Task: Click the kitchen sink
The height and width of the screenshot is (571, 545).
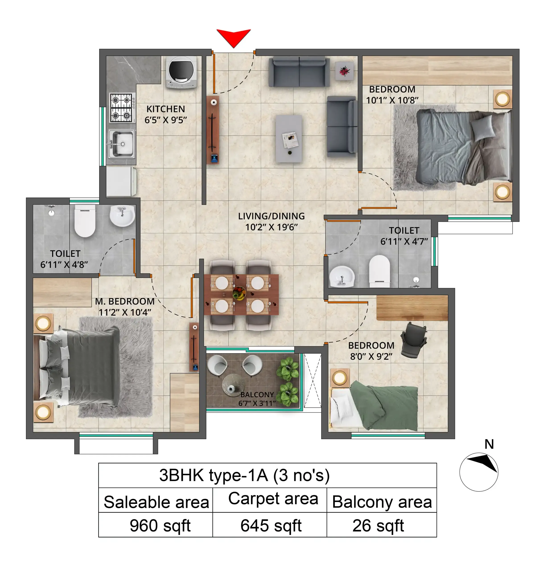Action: click(121, 144)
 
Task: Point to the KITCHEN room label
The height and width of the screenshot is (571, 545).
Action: click(166, 109)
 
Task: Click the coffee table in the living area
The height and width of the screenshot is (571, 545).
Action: click(288, 138)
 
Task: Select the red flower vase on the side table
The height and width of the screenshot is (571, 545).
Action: click(344, 71)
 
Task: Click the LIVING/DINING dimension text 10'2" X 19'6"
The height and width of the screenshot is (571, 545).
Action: click(271, 227)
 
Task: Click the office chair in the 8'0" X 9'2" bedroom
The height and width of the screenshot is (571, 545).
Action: click(414, 339)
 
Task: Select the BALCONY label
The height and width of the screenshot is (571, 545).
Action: click(257, 395)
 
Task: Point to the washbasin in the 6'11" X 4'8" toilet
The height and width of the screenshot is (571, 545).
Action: click(122, 216)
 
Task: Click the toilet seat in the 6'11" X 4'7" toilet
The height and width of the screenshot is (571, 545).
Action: click(379, 271)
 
